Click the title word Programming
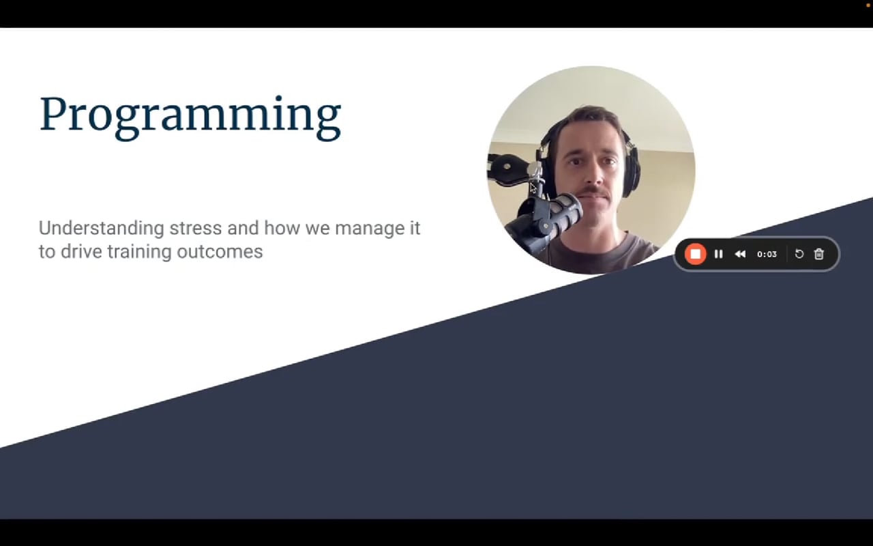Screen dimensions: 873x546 coord(190,116)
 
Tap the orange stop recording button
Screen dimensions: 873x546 coord(695,255)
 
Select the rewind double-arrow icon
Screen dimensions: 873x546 coord(740,255)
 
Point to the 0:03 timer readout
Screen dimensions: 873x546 coord(767,255)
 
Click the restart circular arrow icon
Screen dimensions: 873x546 coord(799,254)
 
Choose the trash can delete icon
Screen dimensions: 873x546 coord(819,254)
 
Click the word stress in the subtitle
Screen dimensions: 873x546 coord(195,228)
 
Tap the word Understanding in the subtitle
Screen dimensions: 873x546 coord(102,229)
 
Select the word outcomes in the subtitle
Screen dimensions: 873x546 coord(220,252)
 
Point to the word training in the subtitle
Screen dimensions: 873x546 coord(140,253)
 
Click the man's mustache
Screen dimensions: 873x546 coord(593,192)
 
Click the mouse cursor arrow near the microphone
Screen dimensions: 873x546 coord(533,188)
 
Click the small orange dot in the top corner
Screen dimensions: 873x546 coord(868,5)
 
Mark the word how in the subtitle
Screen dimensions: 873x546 coord(282,228)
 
